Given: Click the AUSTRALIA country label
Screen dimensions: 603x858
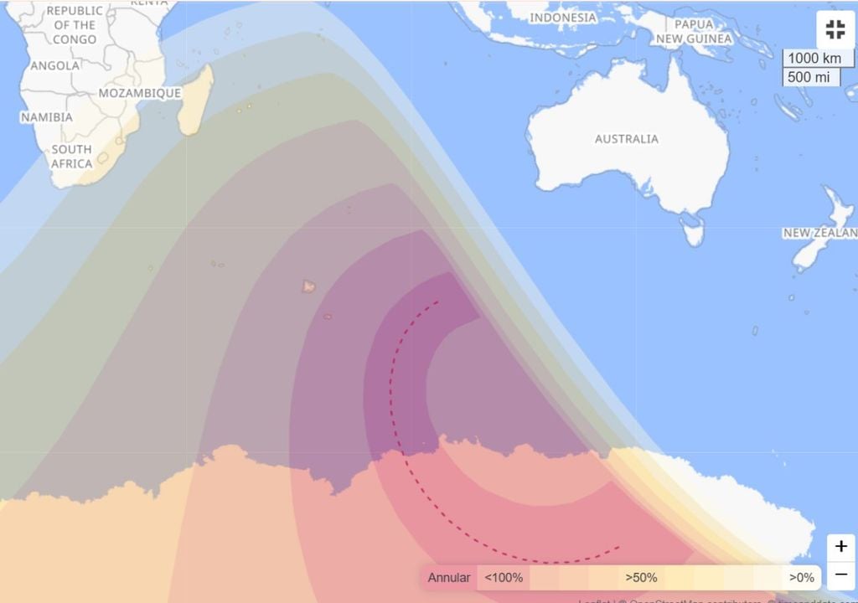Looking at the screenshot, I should [x=627, y=139].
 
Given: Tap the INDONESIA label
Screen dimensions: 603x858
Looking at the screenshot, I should [x=563, y=18].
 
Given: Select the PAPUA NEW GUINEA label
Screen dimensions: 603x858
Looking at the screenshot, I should [x=694, y=32].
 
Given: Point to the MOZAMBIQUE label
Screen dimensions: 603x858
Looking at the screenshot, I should [x=140, y=93].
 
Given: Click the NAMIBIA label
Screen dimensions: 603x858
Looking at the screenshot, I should [x=47, y=117].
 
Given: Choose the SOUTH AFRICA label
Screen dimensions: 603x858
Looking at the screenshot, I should [x=71, y=157].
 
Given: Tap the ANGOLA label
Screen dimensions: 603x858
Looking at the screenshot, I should [x=55, y=65].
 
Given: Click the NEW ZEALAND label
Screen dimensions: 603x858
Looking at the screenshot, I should [x=820, y=233].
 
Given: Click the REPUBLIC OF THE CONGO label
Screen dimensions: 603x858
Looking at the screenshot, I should [x=74, y=24].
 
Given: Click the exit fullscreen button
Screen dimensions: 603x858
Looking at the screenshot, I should [x=835, y=31].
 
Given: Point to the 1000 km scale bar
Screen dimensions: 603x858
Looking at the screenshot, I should [x=814, y=59].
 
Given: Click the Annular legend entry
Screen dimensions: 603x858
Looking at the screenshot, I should [x=449, y=578].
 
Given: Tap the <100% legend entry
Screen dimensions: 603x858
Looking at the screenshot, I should [x=504, y=578].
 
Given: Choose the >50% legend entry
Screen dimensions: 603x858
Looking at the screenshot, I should [x=641, y=578].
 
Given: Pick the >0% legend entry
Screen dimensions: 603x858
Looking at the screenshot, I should [x=801, y=578].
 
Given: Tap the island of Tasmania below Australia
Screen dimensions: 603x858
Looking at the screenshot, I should [x=693, y=229].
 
